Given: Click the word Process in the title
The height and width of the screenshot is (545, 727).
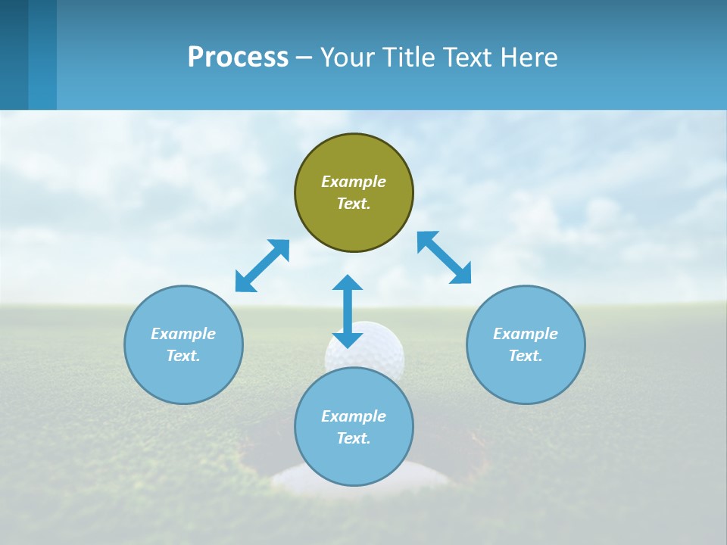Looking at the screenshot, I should pos(238,57).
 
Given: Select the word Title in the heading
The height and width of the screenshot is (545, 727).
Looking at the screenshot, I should pos(410,57).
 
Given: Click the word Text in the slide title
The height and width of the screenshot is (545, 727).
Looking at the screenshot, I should pos(467,57).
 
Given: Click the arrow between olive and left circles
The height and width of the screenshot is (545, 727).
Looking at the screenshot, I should pos(262,266).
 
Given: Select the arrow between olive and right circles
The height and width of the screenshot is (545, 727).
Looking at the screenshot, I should pos(445,257).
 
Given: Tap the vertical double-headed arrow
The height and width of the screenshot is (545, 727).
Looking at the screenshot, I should pos(348,311).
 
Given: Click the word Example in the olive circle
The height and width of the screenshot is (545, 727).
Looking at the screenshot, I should pos(354,182).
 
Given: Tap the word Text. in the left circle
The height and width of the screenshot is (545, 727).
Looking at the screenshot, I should pos(183,356).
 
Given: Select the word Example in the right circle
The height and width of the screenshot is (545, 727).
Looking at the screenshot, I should pos(526,334).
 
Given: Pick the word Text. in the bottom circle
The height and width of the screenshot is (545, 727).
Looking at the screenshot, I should pos(354,438).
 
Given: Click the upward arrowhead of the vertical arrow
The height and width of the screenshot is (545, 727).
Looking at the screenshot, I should pos(348,282).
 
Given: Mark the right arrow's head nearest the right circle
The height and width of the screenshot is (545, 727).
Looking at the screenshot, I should pos(461,274).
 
